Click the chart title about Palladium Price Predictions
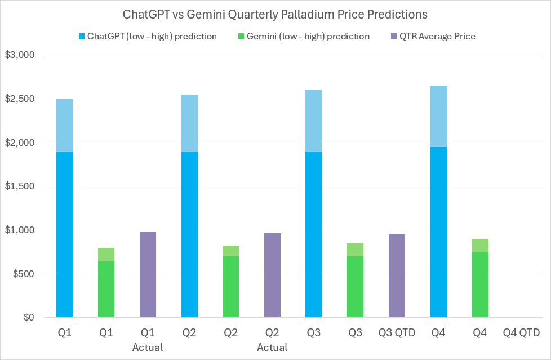[275, 14]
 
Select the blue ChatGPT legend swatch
[81, 37]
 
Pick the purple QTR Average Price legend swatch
[394, 37]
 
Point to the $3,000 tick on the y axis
[20, 55]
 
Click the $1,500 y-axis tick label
[20, 186]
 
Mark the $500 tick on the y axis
[23, 274]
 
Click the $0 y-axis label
[28, 318]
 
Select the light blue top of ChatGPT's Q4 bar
[438, 116]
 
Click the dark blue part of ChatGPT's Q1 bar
[65, 234]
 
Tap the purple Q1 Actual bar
[148, 275]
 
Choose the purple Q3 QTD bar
[397, 275]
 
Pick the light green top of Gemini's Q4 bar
[479, 245]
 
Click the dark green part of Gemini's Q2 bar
[230, 287]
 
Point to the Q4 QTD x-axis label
[521, 333]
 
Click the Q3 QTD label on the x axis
[397, 333]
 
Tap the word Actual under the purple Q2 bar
[272, 347]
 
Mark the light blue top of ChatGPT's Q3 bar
[314, 121]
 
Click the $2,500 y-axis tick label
[20, 99]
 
